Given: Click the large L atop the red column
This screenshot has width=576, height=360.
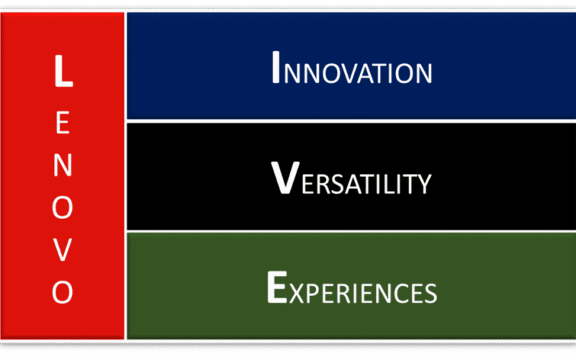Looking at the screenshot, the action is [63, 71].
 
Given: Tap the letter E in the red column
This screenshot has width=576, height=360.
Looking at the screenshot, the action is [63, 122].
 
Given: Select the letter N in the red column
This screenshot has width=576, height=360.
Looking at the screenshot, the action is [63, 165].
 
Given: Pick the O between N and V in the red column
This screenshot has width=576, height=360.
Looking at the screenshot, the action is [63, 207].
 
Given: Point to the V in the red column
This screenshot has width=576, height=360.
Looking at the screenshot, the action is [63, 250].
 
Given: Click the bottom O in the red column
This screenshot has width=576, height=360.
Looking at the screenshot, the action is [63, 292].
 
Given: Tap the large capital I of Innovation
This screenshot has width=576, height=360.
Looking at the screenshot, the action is [276, 67].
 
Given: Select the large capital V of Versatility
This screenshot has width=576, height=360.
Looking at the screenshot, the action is [285, 178].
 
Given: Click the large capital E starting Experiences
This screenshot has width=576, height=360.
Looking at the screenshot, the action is [276, 287].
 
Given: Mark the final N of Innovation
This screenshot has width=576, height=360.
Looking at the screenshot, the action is [424, 73].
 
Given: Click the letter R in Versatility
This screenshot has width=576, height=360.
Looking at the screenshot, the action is [326, 184].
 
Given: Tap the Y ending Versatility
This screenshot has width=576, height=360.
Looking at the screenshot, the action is [423, 184].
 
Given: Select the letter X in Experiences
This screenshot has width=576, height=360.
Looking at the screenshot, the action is [297, 293].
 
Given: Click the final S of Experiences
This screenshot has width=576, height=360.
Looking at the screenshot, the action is [431, 293].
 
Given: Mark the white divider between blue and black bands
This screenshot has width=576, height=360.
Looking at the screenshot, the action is [351, 121].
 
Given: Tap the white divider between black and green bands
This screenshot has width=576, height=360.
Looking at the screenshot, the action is [351, 231].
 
